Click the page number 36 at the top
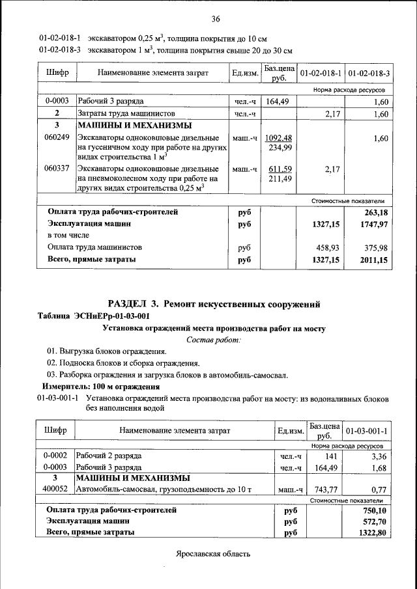coord(216,18)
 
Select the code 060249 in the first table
coord(57,139)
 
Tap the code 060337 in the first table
coord(57,169)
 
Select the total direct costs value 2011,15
coord(373,260)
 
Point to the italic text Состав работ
coord(214,340)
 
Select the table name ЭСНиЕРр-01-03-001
coord(116,316)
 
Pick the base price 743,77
coord(323,489)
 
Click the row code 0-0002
coord(55,456)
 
